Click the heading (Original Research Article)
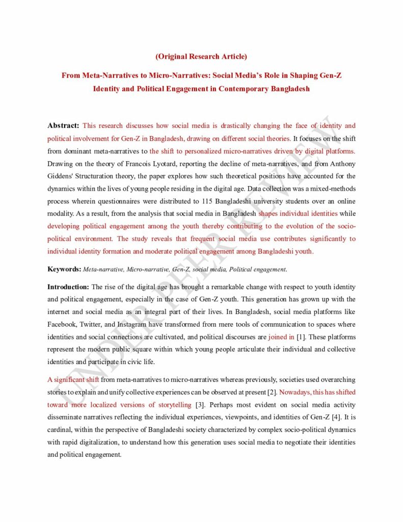[201, 56]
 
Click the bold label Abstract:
[63, 125]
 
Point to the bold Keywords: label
[64, 269]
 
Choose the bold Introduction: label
[68, 288]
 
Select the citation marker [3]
[201, 405]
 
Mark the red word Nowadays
[294, 393]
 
